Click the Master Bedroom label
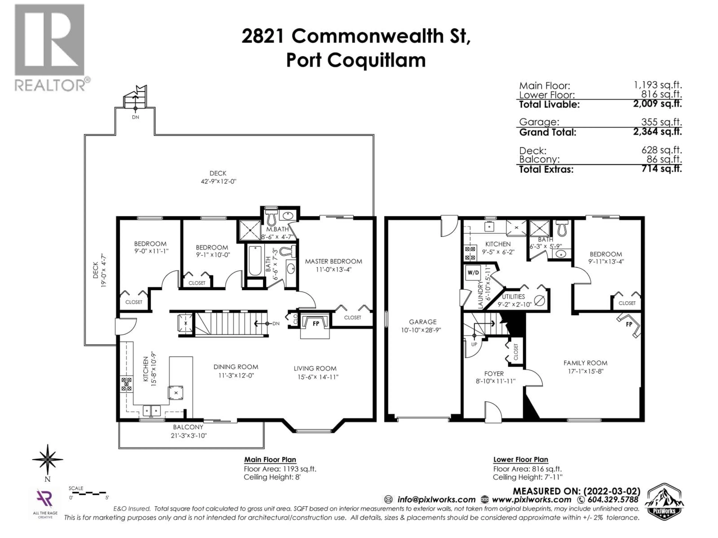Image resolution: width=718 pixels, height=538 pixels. pos(333,261)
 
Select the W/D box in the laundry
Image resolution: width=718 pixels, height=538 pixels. pos(473,273)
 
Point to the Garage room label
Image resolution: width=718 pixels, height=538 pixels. pos(422,322)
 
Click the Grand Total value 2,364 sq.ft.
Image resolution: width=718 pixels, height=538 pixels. pos(657,132)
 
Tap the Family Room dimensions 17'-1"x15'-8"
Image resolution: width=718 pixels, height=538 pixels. pos(585,372)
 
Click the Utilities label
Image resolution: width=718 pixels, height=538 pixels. pos(513,296)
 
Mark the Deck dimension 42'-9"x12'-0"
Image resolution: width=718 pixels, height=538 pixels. pos(218,182)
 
